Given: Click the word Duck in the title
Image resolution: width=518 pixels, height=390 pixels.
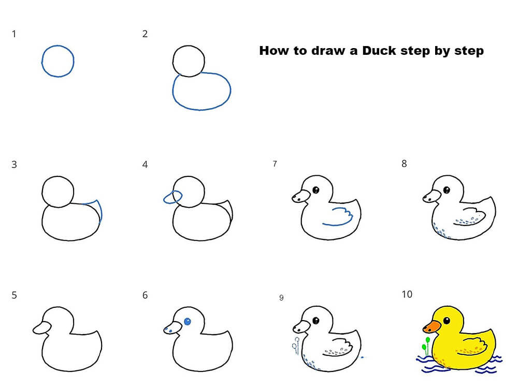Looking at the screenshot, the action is tap(379, 51).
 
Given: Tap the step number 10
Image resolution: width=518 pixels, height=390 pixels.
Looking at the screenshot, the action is tap(407, 294).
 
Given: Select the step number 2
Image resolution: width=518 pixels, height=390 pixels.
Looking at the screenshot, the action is tap(145, 34).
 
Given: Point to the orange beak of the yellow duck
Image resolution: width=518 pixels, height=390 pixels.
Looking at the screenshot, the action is tap(432, 326).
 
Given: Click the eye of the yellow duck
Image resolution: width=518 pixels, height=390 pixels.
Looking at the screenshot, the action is tap(447, 320).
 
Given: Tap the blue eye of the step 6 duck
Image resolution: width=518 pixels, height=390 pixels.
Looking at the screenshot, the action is tap(188, 321).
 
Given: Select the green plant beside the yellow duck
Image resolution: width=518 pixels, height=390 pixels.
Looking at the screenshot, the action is tap(426, 346).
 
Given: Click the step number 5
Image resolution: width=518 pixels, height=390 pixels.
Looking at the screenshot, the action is tap(14, 295).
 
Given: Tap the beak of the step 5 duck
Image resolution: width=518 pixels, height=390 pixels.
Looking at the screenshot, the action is tap(42, 328).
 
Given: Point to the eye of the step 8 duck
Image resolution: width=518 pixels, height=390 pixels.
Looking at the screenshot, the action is tap(447, 190).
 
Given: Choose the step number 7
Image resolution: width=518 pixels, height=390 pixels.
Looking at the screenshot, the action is tap(275, 163).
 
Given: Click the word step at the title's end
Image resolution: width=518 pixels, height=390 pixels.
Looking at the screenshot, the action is tap(469, 51).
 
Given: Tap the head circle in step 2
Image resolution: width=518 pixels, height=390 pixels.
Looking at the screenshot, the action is tap(189, 62).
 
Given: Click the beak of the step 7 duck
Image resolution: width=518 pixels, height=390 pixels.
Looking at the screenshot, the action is tap(301, 197).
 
